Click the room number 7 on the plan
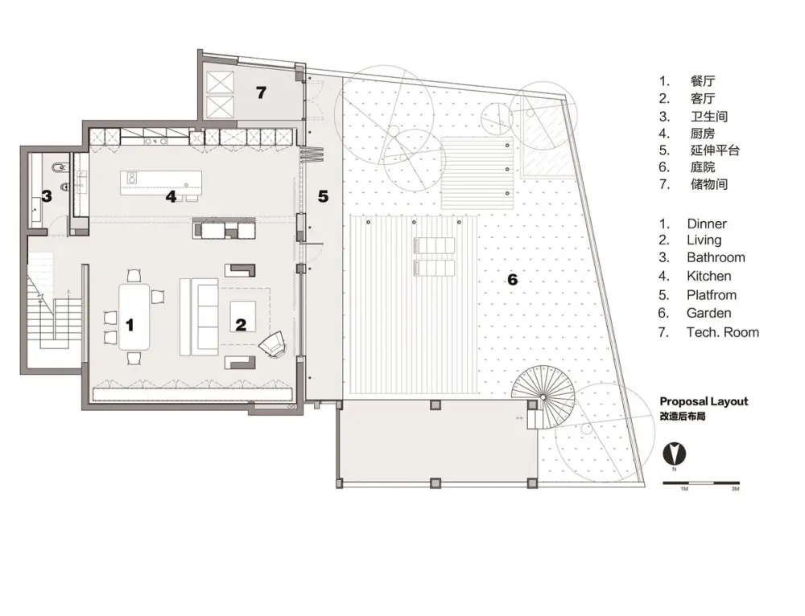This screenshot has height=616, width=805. coord(262,92)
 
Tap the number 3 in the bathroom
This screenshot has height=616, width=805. coord(47,196)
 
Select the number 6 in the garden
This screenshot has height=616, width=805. coord(512,280)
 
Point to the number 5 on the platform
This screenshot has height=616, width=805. coord(323,196)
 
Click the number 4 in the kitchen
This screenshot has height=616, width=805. coord(171,196)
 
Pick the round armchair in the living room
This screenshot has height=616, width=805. coord(273,343)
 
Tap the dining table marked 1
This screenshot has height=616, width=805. coord(134,317)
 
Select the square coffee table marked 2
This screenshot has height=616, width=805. coord(242,317)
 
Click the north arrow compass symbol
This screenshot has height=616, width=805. coord(675,453)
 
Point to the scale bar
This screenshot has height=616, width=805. coord(701,483)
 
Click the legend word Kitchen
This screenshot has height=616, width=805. coord(709,276)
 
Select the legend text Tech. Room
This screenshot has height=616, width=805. coord(723,332)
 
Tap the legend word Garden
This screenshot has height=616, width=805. coord(708,313)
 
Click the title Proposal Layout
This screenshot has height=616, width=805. coord(704,401)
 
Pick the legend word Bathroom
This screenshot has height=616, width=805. coord(716,257)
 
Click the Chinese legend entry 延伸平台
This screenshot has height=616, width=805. coord(715,150)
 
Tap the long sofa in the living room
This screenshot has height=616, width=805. coord(199,317)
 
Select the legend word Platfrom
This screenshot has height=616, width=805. coord(712,295)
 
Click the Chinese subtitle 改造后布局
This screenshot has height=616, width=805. coord(683,417)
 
